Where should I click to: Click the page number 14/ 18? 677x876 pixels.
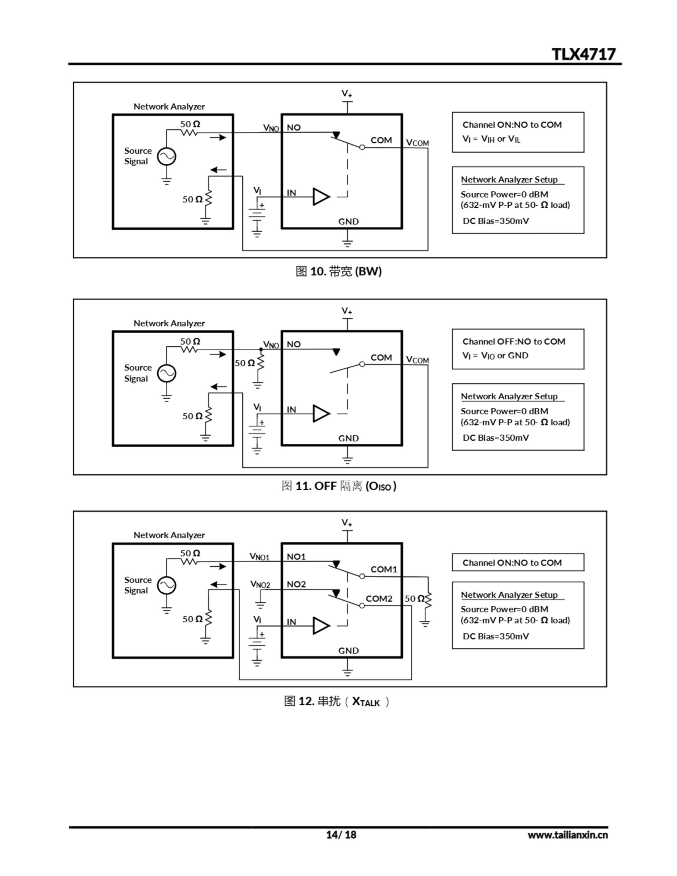click(341, 835)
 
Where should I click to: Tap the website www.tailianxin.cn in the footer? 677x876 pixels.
click(567, 835)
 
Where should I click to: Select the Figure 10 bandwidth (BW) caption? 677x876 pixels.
click(338, 272)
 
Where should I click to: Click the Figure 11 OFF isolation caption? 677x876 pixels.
click(339, 486)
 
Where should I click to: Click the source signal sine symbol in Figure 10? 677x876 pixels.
click(166, 156)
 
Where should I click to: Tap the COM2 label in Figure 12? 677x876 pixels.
click(379, 599)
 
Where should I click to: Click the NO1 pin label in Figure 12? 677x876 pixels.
click(296, 557)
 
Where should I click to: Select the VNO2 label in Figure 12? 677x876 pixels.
click(260, 584)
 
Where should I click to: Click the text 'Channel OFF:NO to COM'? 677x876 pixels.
click(514, 342)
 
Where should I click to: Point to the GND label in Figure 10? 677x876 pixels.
click(348, 221)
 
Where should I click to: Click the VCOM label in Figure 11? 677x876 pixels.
click(417, 360)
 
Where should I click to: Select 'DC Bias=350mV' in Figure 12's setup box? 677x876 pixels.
click(496, 636)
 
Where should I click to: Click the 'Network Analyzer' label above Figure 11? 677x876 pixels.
click(169, 323)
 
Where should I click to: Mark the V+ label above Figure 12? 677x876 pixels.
click(347, 523)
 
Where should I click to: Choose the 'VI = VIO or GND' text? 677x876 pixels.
click(495, 356)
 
